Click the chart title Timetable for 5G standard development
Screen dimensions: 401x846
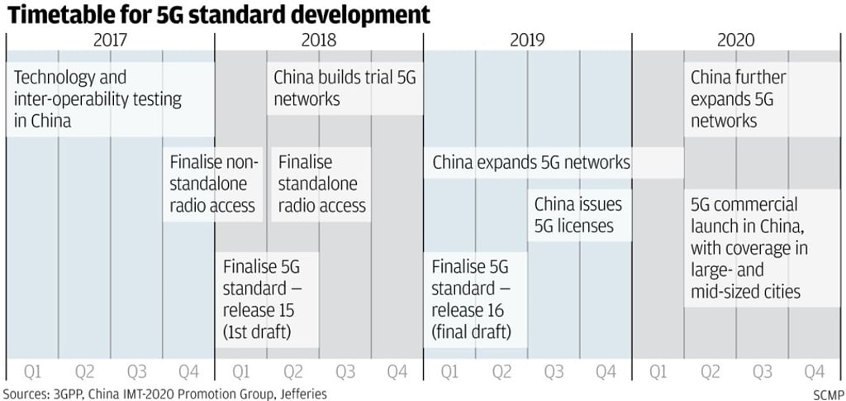click(x=219, y=15)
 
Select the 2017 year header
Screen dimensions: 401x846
click(x=110, y=40)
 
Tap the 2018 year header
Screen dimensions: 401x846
click(x=318, y=40)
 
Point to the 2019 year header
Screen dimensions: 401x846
click(x=527, y=40)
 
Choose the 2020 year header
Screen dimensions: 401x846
click(x=735, y=40)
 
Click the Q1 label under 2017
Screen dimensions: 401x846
click(x=32, y=371)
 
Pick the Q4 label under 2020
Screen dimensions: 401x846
click(x=814, y=371)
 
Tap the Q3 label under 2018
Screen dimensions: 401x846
click(x=345, y=371)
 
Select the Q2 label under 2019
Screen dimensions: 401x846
click(x=501, y=371)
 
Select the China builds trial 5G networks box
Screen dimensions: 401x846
click(x=345, y=88)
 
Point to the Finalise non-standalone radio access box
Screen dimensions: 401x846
click(x=215, y=184)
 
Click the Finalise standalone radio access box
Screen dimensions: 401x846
click(x=322, y=184)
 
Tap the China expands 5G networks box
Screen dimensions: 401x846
click(x=531, y=163)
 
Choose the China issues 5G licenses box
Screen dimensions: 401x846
click(x=578, y=214)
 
